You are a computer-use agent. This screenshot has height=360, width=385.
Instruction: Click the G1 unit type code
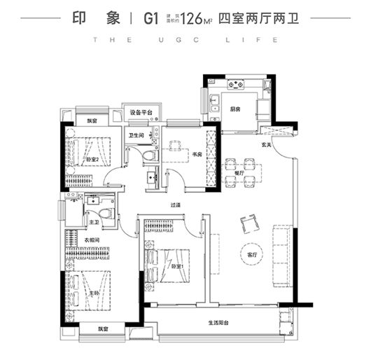[150, 17]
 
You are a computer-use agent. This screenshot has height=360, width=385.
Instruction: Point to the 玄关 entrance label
[267, 145]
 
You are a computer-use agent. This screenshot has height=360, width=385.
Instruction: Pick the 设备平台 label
[141, 113]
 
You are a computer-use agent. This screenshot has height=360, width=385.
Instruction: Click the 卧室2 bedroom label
[92, 159]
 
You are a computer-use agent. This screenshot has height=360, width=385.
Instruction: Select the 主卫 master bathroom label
[92, 221]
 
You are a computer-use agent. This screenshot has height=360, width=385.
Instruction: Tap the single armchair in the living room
[247, 223]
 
